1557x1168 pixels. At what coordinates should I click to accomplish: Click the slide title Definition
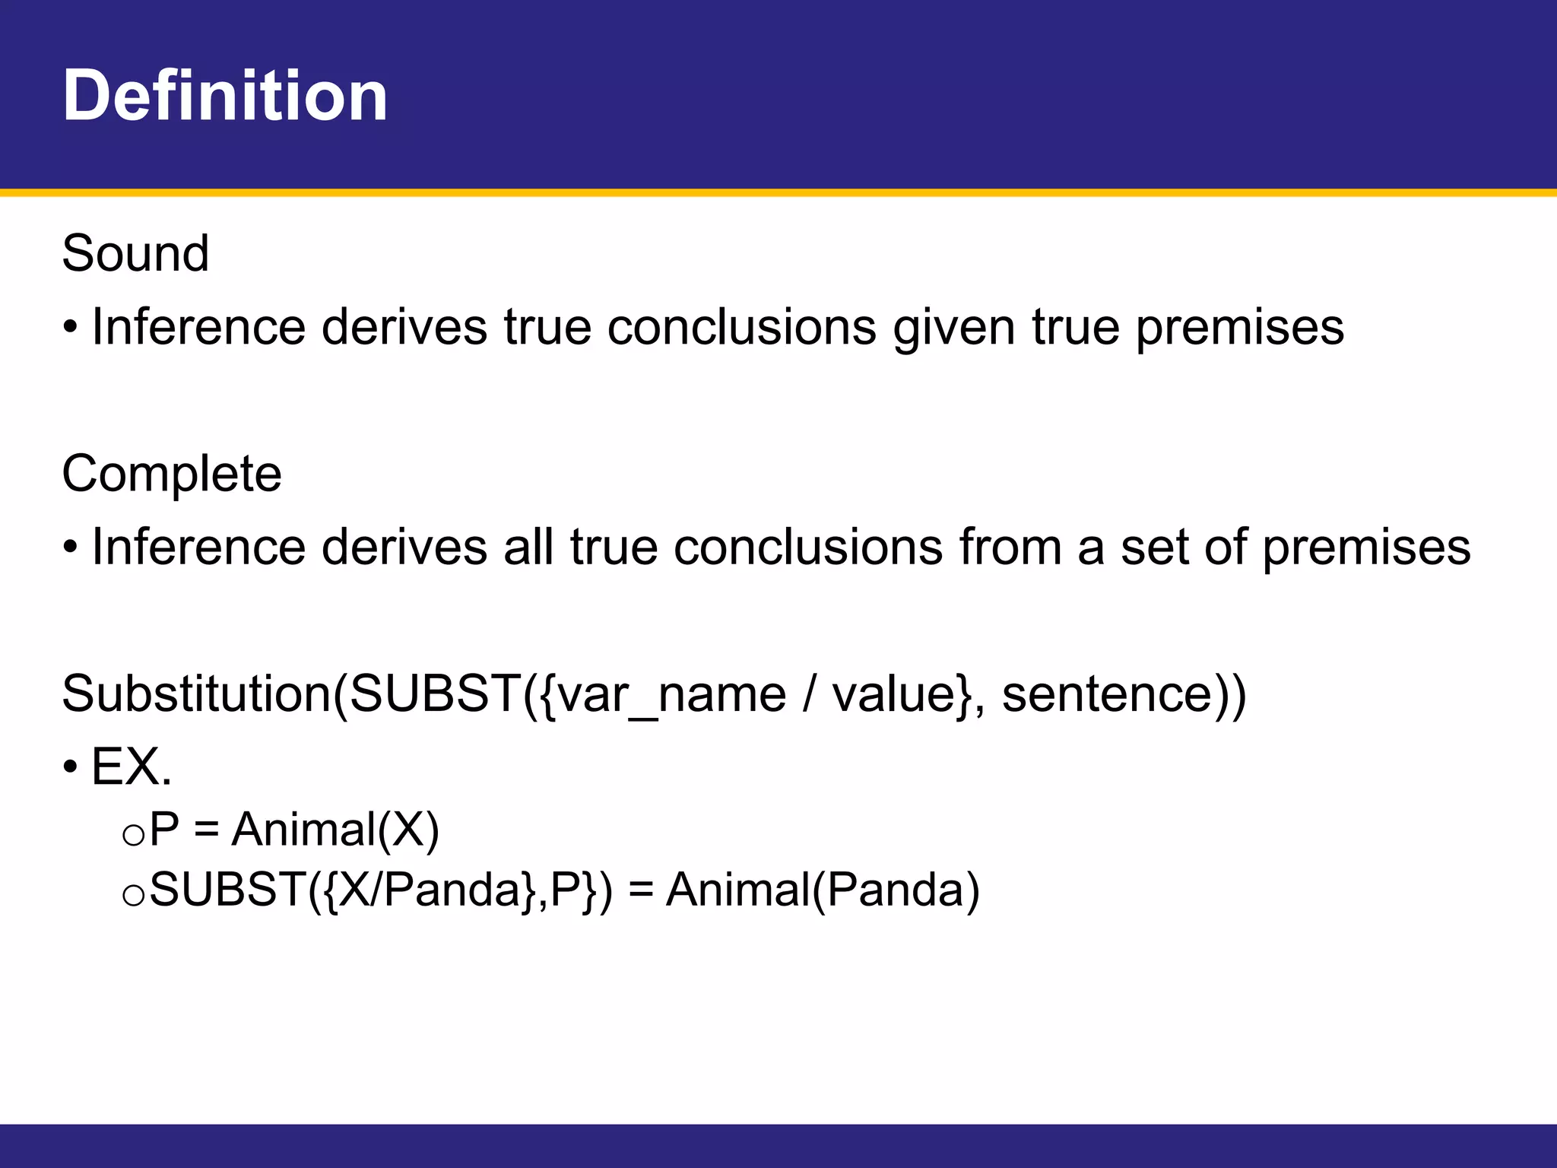[x=225, y=96]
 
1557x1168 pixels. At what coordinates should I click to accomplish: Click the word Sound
[x=135, y=253]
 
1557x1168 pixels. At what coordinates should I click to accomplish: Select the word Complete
[x=172, y=474]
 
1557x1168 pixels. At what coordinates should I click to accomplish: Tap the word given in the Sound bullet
[x=954, y=328]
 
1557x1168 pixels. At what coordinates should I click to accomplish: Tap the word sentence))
[x=1124, y=694]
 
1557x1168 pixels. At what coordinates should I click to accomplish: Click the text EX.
[x=132, y=766]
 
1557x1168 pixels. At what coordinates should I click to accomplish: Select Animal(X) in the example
[x=335, y=829]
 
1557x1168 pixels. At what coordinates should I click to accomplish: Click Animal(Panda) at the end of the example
[x=823, y=890]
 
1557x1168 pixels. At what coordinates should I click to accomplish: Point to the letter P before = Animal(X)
[x=164, y=829]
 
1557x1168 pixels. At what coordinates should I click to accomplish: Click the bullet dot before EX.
[x=70, y=767]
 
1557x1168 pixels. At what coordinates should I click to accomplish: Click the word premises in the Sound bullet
[x=1240, y=328]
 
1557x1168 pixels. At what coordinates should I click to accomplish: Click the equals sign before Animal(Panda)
[x=641, y=891]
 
